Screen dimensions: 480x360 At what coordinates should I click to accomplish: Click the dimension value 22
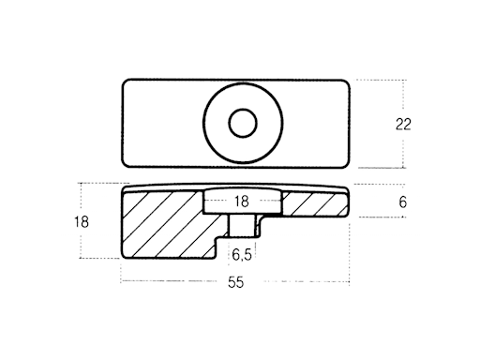(403, 125)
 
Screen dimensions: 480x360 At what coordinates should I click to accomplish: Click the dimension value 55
(235, 282)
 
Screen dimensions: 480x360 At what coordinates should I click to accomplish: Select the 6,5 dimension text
(242, 255)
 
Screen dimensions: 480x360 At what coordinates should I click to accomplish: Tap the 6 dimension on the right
(403, 202)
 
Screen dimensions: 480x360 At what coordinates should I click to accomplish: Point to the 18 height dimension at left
(82, 222)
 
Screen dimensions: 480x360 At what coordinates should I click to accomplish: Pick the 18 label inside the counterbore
(242, 202)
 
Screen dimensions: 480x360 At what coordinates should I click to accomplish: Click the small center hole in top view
(243, 123)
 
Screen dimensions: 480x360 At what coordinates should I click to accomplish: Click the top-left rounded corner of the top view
(125, 82)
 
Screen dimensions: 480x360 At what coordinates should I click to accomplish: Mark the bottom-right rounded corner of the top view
(346, 165)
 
